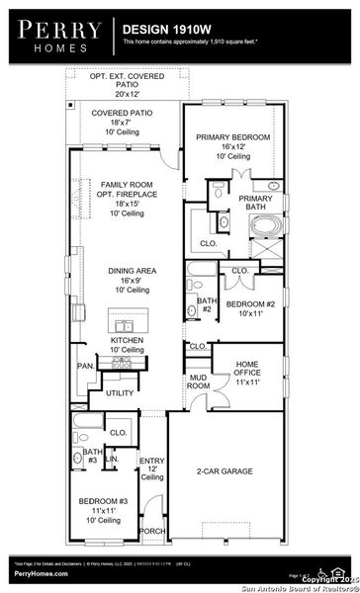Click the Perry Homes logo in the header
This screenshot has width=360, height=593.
(55, 37)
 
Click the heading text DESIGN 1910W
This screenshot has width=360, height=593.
(166, 31)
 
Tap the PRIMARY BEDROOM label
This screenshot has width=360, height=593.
(233, 137)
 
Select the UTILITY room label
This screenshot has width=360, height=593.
(120, 393)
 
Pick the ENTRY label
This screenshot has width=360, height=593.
(151, 462)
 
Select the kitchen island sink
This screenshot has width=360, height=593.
(125, 325)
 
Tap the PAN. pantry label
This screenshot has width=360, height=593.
(86, 365)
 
